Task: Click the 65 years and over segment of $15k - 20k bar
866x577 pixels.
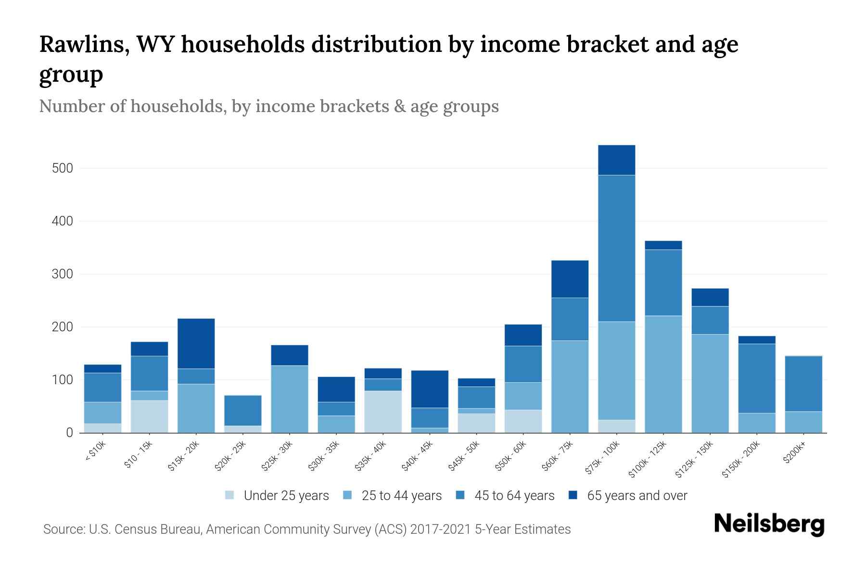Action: pyautogui.click(x=196, y=343)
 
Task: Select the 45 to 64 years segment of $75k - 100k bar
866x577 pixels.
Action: pyautogui.click(x=616, y=248)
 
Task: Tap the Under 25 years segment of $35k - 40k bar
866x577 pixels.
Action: pyautogui.click(x=383, y=412)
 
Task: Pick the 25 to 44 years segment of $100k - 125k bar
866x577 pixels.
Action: pyautogui.click(x=663, y=374)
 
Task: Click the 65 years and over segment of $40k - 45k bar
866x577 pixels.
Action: pyautogui.click(x=430, y=389)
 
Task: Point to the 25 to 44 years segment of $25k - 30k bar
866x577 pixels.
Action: pyautogui.click(x=290, y=399)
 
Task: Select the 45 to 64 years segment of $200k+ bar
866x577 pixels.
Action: pyautogui.click(x=803, y=384)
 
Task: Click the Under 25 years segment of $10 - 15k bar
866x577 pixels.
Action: pyautogui.click(x=149, y=416)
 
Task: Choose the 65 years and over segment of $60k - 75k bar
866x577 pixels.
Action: pyautogui.click(x=570, y=279)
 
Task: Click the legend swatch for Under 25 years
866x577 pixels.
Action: pyautogui.click(x=230, y=495)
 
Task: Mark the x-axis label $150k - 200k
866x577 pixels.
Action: pyautogui.click(x=741, y=460)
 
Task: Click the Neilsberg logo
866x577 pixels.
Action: pyautogui.click(x=769, y=524)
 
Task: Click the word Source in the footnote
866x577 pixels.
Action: pyautogui.click(x=63, y=529)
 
